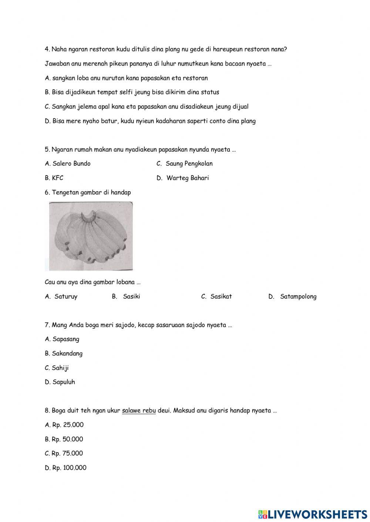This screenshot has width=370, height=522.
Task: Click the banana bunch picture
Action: (91, 236)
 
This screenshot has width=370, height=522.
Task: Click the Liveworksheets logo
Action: (313, 514)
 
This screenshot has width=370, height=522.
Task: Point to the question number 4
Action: (47, 49)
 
